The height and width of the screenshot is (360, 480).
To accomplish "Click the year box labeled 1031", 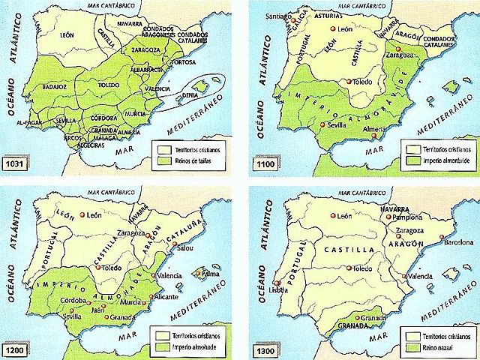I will point(16,162).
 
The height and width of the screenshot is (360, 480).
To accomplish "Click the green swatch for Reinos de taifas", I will point(160,160).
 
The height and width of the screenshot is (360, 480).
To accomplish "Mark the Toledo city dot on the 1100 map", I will point(348,82).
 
